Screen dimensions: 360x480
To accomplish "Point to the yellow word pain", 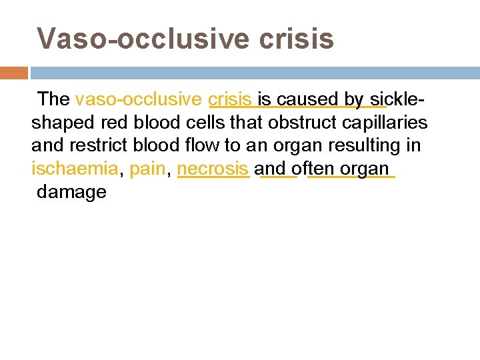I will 147,169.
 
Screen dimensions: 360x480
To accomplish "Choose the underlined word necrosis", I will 213,169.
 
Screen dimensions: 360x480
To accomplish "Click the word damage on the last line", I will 72,192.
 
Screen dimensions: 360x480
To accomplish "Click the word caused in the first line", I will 308,100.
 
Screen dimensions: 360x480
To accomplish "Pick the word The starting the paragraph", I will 54,100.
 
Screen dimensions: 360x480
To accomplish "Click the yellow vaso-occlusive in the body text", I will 139,100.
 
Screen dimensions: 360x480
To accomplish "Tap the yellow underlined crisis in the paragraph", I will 229,100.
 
